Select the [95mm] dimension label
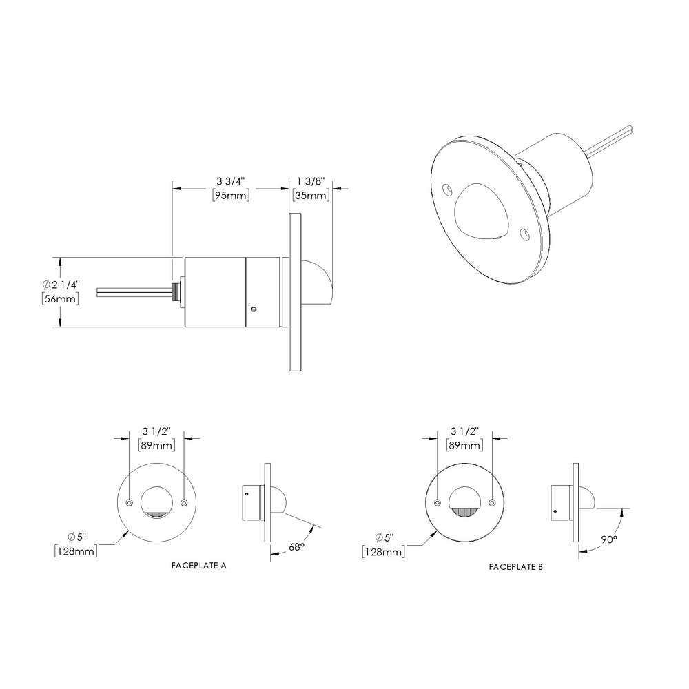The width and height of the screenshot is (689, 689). pos(229,196)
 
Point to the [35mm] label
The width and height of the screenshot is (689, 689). pos(310,196)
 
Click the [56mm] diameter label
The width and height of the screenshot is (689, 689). pos(59,299)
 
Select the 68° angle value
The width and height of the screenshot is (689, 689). pos(297,546)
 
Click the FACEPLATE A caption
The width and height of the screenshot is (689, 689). pos(198,565)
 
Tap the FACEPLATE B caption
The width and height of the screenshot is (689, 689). pos(516,567)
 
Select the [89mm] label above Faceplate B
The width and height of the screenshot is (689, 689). pos(464,446)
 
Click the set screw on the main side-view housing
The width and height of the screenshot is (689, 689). pos(254,310)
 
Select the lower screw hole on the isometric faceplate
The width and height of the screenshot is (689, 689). pos(526,234)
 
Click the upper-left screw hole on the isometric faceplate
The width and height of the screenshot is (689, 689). pos(446,187)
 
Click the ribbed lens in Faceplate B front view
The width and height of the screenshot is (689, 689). pos(465,512)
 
